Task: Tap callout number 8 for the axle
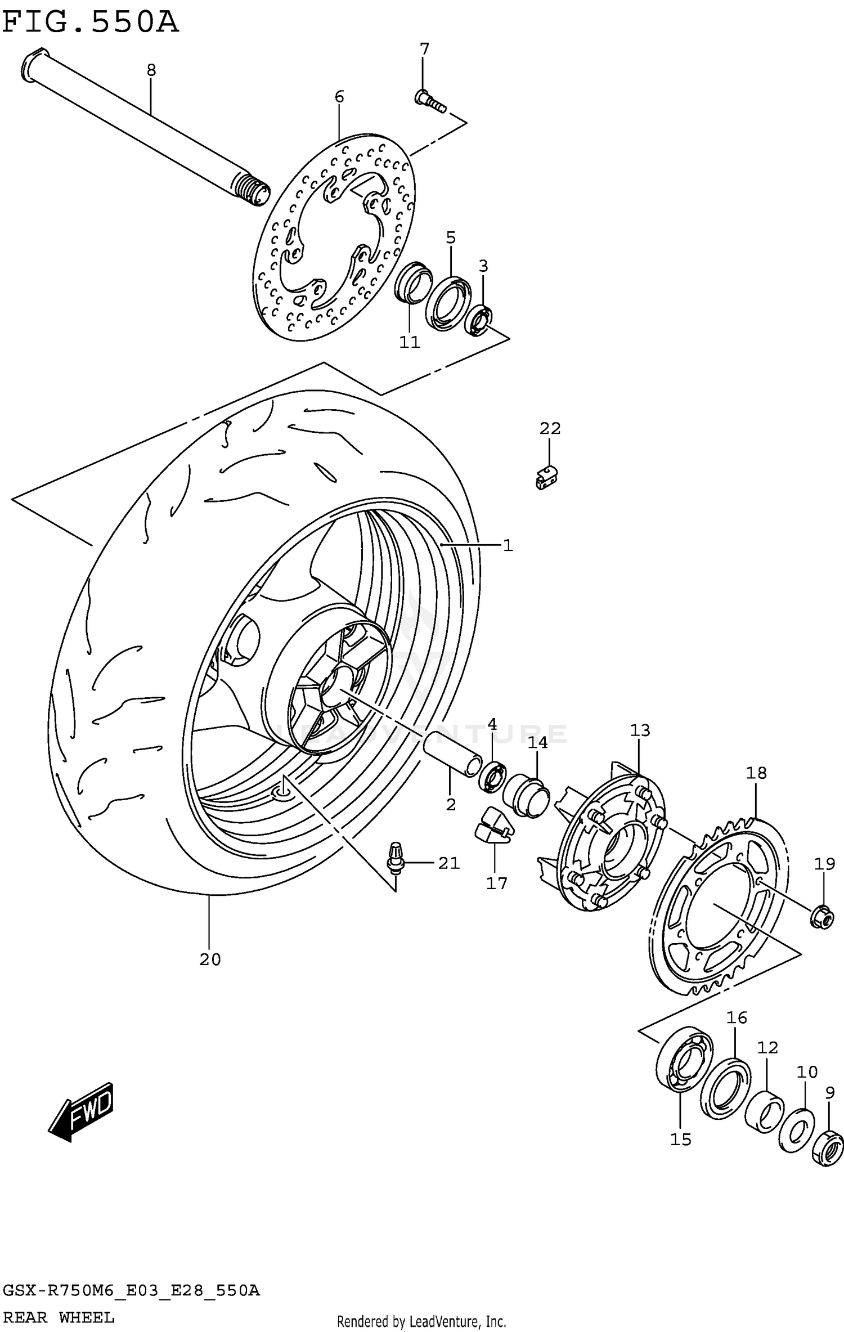pos(151,70)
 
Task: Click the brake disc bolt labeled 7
pos(429,101)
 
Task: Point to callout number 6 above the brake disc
pos(339,97)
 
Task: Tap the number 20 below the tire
pos(210,959)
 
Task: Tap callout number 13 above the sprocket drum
pos(640,730)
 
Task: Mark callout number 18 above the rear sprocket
pos(756,773)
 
